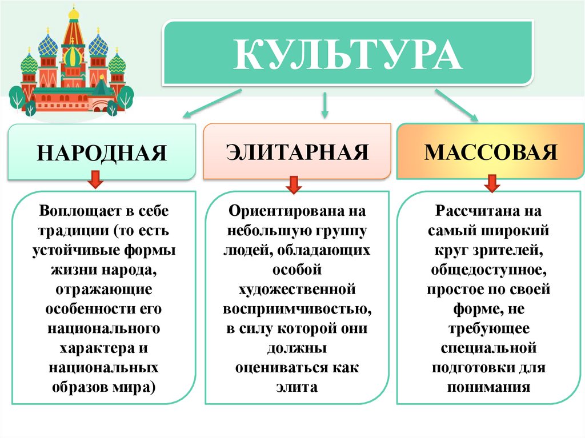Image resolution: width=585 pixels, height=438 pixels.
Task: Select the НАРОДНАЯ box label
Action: tap(103, 153)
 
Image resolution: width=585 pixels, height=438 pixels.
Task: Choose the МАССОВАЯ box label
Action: tap(491, 152)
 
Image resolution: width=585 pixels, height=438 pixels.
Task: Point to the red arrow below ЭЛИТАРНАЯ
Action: tap(294, 184)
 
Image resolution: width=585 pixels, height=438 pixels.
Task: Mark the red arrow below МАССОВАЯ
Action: tap(491, 183)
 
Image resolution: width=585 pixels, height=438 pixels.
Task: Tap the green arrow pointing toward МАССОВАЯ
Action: tap(456, 105)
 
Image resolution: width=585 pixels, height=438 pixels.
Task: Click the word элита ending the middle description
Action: tap(296, 387)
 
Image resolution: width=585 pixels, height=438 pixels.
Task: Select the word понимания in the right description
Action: tap(490, 387)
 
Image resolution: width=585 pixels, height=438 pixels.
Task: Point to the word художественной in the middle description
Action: tap(296, 290)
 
